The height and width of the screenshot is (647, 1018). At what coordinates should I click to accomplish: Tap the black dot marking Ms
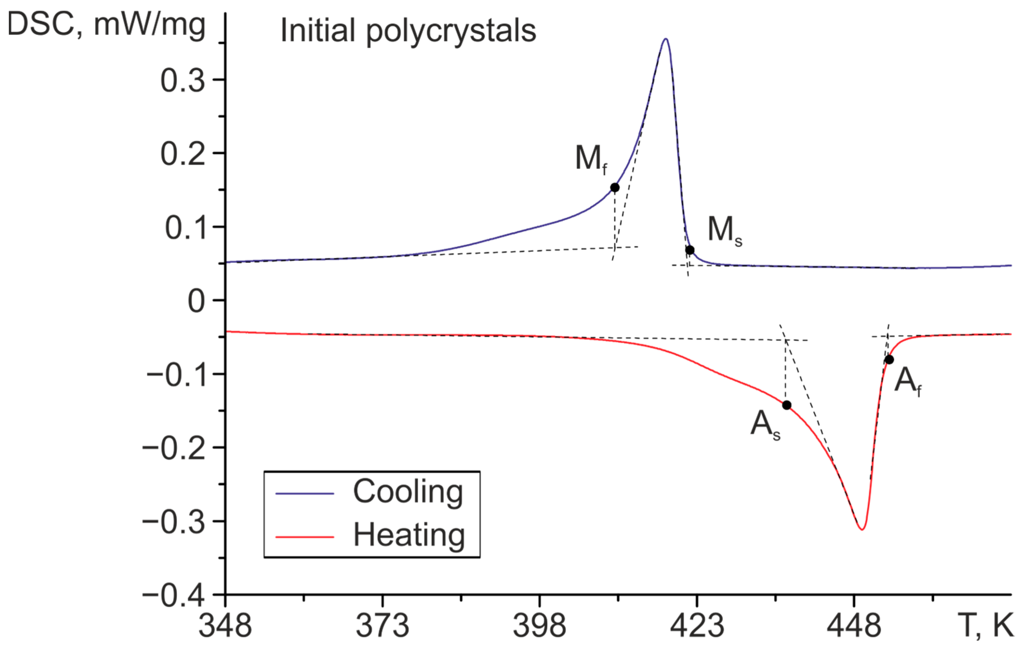689,250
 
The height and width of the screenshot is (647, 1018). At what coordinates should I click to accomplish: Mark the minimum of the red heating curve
862,529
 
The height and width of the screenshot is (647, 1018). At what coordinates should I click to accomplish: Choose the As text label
765,425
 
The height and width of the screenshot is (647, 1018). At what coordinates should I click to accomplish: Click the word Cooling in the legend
408,492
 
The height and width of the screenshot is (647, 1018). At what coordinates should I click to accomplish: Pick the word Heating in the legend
409,535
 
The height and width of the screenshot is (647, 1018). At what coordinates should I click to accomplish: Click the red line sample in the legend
304,537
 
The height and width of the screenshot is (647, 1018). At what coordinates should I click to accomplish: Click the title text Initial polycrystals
408,30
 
